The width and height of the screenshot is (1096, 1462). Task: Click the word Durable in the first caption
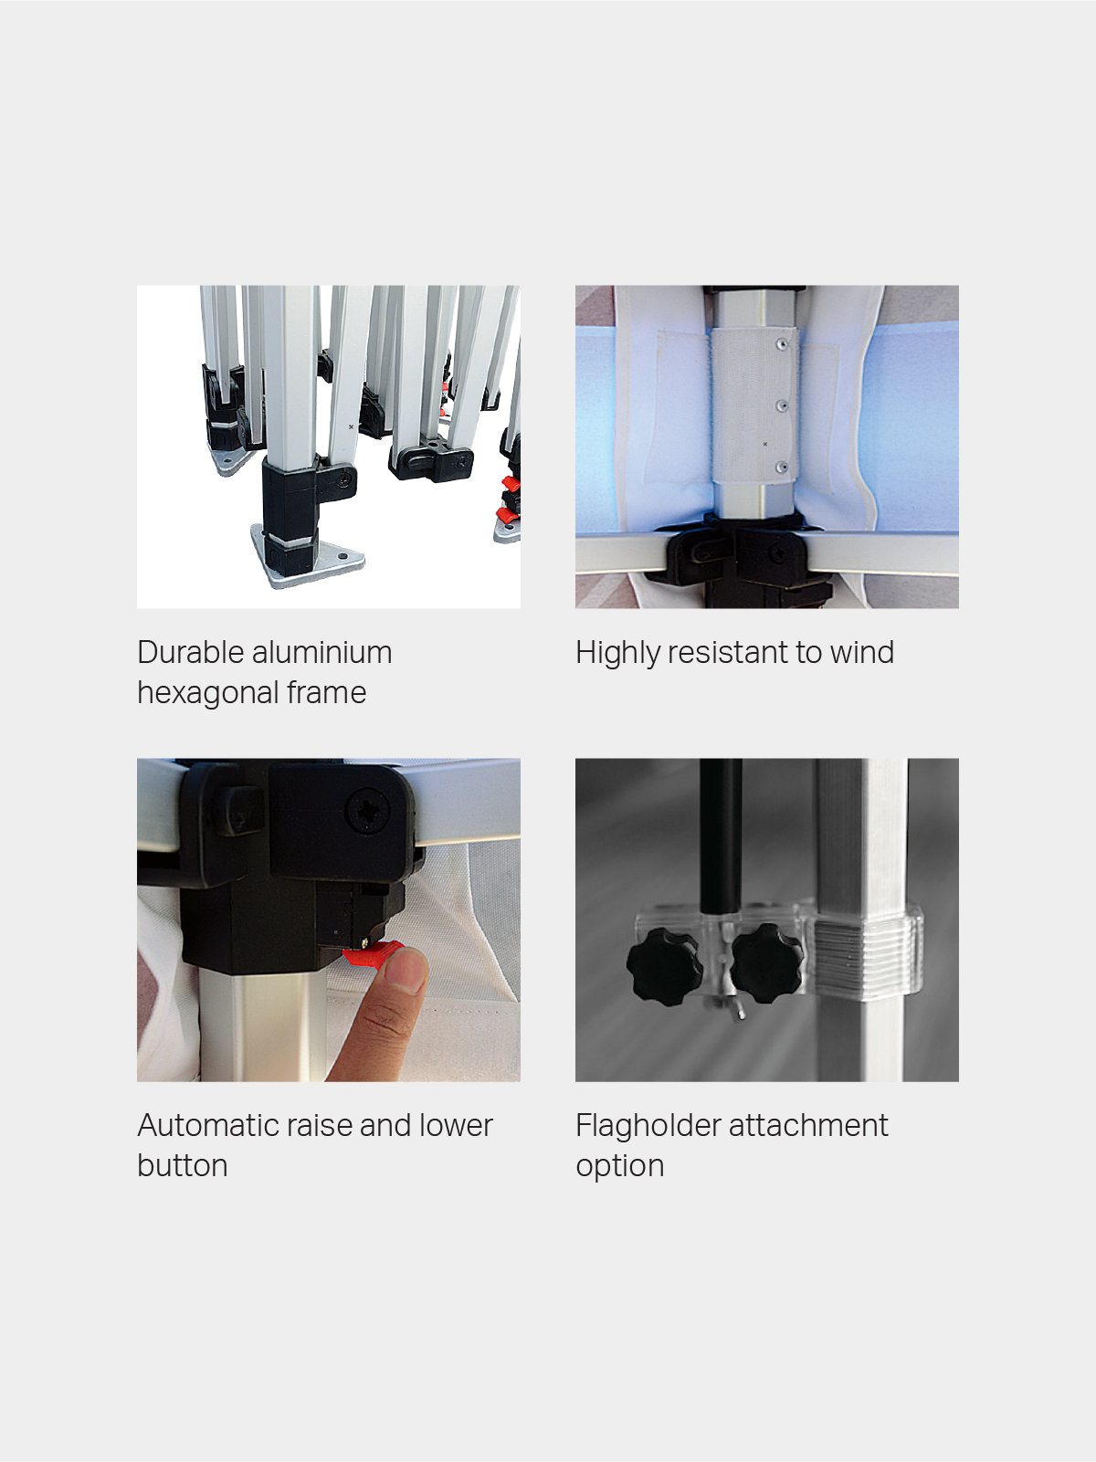click(190, 652)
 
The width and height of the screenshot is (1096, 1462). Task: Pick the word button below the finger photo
click(183, 1165)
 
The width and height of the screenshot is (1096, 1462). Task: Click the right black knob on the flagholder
click(767, 962)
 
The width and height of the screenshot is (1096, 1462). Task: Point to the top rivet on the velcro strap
click(782, 344)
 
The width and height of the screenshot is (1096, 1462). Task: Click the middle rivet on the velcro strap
click(783, 405)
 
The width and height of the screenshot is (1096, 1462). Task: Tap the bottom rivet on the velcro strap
click(783, 467)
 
